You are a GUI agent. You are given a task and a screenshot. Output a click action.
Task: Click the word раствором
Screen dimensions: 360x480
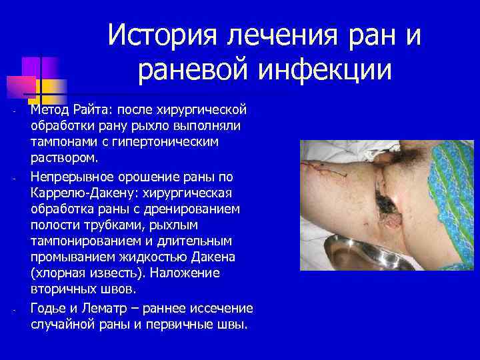coord(63,159)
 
